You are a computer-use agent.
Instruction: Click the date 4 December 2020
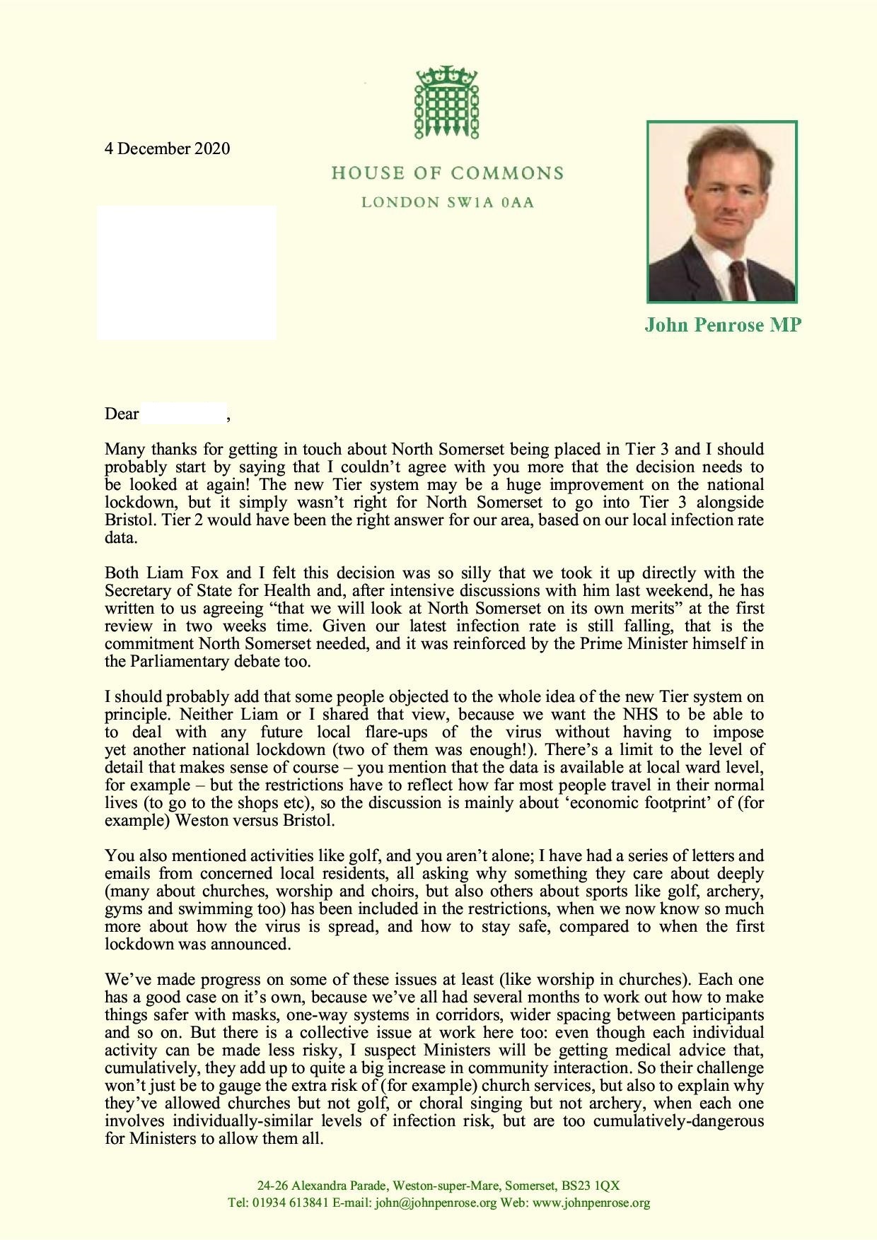168,148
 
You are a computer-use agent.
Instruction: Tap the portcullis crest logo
446,103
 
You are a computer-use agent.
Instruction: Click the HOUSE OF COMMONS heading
447,173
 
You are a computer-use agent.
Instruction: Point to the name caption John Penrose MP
722,325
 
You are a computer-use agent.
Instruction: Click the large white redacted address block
187,272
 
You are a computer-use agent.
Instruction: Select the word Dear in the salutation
122,414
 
